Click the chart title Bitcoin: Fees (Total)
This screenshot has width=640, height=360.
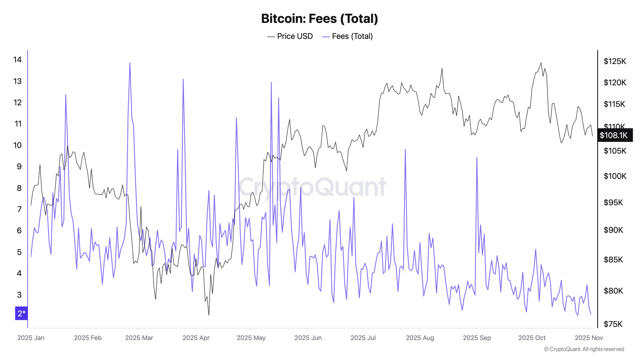319,18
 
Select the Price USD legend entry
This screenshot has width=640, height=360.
290,36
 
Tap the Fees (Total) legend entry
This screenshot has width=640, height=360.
348,36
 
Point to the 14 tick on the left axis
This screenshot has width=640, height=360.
18,60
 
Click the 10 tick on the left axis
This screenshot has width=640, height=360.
18,145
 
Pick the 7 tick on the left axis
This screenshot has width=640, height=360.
19,209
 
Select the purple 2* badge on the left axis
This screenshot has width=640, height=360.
22,313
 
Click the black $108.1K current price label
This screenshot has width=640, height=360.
614,135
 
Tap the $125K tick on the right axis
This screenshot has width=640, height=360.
615,61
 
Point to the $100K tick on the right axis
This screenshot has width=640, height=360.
615,176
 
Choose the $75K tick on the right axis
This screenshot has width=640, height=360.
613,324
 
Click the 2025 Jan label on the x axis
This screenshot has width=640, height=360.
31,338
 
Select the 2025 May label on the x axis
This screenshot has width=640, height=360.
251,338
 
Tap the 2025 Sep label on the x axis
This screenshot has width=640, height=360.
477,338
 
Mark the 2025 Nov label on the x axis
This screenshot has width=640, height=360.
589,338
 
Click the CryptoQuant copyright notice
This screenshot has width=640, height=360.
584,349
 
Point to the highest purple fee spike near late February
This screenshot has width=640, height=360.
130,62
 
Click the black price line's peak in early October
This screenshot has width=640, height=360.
541,63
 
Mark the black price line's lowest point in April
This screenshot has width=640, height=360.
209,315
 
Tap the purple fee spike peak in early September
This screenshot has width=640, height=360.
477,157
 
